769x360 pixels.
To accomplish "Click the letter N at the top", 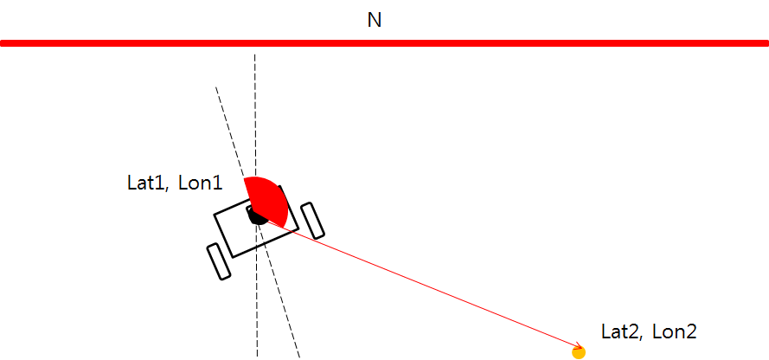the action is click(x=375, y=20).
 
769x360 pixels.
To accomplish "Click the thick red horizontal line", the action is click(x=384, y=43).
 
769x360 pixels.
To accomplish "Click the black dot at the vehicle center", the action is click(x=257, y=215).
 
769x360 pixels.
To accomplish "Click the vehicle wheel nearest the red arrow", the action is click(x=312, y=221).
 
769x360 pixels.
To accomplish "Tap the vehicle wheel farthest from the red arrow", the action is click(x=219, y=261).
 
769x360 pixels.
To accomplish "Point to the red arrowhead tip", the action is click(x=581, y=348).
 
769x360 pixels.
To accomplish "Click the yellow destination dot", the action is click(x=580, y=352).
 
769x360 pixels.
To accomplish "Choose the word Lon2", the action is click(x=675, y=332).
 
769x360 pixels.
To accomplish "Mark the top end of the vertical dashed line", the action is click(x=255, y=55).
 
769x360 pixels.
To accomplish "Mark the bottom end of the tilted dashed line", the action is click(x=299, y=357).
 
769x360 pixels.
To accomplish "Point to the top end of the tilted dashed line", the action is click(x=215, y=87).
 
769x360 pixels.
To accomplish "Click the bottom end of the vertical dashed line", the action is click(x=257, y=357).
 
